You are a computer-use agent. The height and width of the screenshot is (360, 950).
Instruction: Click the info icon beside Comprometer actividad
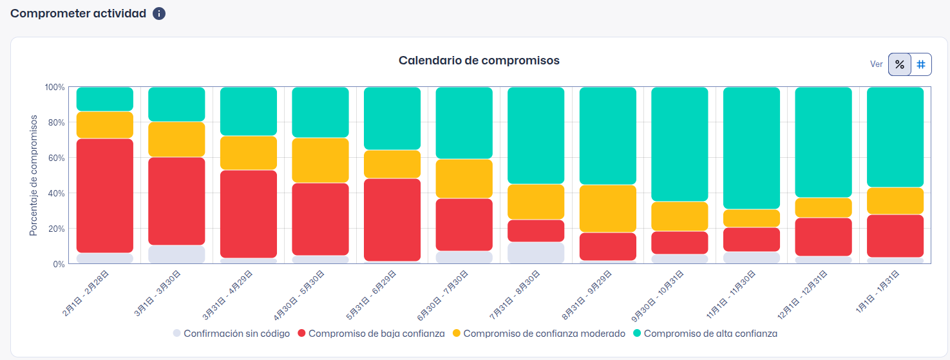coord(159,14)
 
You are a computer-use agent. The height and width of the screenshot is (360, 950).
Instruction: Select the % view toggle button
coord(900,64)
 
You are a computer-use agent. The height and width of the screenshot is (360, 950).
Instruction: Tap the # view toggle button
coord(921,64)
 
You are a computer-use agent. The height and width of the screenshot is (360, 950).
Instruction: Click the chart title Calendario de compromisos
coord(479,61)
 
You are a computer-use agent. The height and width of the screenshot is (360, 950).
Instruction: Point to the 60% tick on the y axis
coord(55,158)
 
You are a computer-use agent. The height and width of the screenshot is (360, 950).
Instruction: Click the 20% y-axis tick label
coord(55,229)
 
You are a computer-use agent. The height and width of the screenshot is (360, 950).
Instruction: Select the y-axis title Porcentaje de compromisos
coord(33,175)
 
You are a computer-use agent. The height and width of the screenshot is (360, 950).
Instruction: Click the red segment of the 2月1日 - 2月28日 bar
coord(104,195)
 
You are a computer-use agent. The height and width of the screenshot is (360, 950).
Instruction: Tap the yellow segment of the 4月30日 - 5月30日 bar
coord(320,160)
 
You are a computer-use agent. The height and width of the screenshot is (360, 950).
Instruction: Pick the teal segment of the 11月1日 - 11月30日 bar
coord(752,148)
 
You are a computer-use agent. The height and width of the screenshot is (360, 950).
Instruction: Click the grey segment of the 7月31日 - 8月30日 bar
coord(536,252)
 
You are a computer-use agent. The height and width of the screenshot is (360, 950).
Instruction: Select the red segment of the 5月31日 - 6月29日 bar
coord(392,219)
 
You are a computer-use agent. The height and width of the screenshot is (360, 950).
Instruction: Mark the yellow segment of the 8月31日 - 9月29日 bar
coord(608,209)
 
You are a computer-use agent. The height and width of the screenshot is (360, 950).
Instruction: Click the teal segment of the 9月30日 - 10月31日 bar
coord(679,144)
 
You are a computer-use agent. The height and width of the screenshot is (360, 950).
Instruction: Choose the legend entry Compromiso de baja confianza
coord(376,334)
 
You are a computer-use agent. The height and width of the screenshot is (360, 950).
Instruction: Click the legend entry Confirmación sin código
coord(236,334)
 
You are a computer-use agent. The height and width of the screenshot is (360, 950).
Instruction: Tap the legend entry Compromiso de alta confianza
coord(710,334)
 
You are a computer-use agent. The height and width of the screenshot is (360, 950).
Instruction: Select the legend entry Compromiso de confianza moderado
coord(544,334)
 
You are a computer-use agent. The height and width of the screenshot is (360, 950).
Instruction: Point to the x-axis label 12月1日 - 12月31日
coord(805,293)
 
